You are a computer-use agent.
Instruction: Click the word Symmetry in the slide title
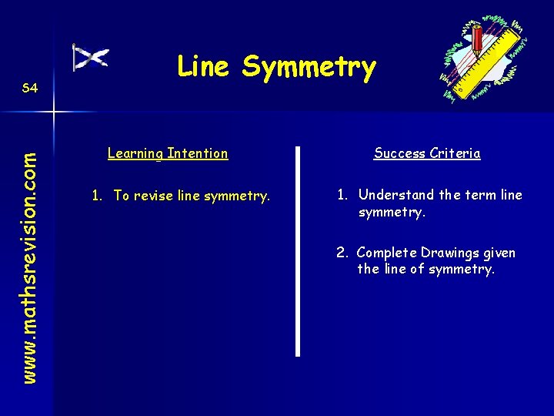pos(309,68)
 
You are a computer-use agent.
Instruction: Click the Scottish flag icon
pos(90,58)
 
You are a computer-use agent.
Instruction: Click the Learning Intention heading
pos(168,153)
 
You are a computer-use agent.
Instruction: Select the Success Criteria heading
pos(427,153)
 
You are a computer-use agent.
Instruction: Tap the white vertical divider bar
pos(298,250)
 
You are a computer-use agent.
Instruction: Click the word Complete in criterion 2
pos(387,253)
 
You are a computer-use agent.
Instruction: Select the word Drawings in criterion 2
pos(447,253)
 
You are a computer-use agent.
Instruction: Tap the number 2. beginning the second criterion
pos(343,253)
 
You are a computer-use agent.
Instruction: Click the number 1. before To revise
pos(98,196)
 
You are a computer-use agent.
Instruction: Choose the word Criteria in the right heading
pos(455,153)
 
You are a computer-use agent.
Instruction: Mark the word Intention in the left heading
pos(199,153)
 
